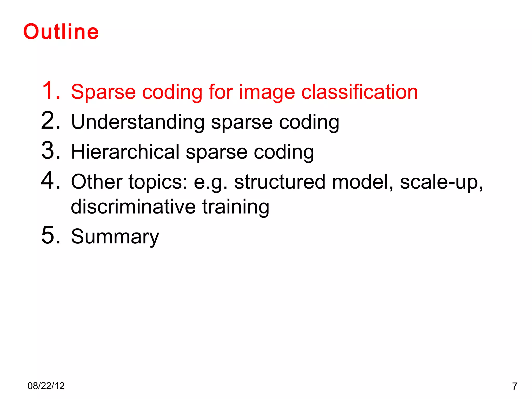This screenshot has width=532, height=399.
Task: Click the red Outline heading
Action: [x=61, y=32]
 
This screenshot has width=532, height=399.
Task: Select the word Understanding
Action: [x=138, y=122]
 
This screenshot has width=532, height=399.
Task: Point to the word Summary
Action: [x=115, y=237]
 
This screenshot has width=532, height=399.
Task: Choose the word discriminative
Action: [x=133, y=207]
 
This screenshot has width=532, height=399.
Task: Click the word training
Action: [x=236, y=207]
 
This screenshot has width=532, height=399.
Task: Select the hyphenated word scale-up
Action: [x=441, y=182]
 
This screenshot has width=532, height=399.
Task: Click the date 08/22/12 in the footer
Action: [x=46, y=386]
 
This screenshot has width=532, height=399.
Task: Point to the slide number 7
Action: [x=515, y=387]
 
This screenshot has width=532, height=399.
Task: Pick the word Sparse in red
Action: [x=103, y=92]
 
